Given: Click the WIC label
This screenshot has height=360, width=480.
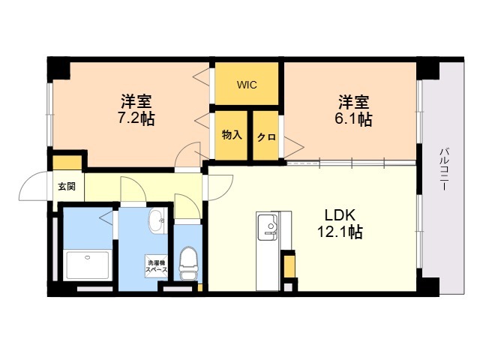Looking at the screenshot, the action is pyautogui.click(x=247, y=85).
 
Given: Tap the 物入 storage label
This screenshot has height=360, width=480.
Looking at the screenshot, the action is pyautogui.click(x=232, y=135).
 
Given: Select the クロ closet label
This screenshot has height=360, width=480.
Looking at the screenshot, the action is pyautogui.click(x=267, y=136).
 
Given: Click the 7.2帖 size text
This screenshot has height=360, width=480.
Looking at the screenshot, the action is pyautogui.click(x=136, y=118).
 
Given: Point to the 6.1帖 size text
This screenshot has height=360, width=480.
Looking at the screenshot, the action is pyautogui.click(x=353, y=118).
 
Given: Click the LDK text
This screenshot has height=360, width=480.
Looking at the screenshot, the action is pyautogui.click(x=340, y=215).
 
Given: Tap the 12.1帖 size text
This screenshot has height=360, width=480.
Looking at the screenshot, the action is pyautogui.click(x=340, y=232).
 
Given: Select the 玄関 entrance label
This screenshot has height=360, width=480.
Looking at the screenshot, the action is pyautogui.click(x=67, y=186).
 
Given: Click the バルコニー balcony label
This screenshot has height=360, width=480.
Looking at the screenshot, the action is pyautogui.click(x=444, y=169).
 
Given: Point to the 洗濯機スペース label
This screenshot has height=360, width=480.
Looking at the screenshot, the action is pyautogui.click(x=156, y=266).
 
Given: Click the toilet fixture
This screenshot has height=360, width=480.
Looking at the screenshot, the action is pyautogui.click(x=188, y=263).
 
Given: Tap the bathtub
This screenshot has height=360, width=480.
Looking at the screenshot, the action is pyautogui.click(x=88, y=265).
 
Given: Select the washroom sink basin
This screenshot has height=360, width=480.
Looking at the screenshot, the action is pyautogui.click(x=157, y=220).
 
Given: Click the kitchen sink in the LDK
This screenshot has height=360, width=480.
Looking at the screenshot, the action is pyautogui.click(x=268, y=226).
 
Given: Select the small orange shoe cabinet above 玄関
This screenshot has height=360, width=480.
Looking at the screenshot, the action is pyautogui.click(x=67, y=163).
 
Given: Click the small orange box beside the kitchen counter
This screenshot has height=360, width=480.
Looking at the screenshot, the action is pyautogui.click(x=289, y=266).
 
